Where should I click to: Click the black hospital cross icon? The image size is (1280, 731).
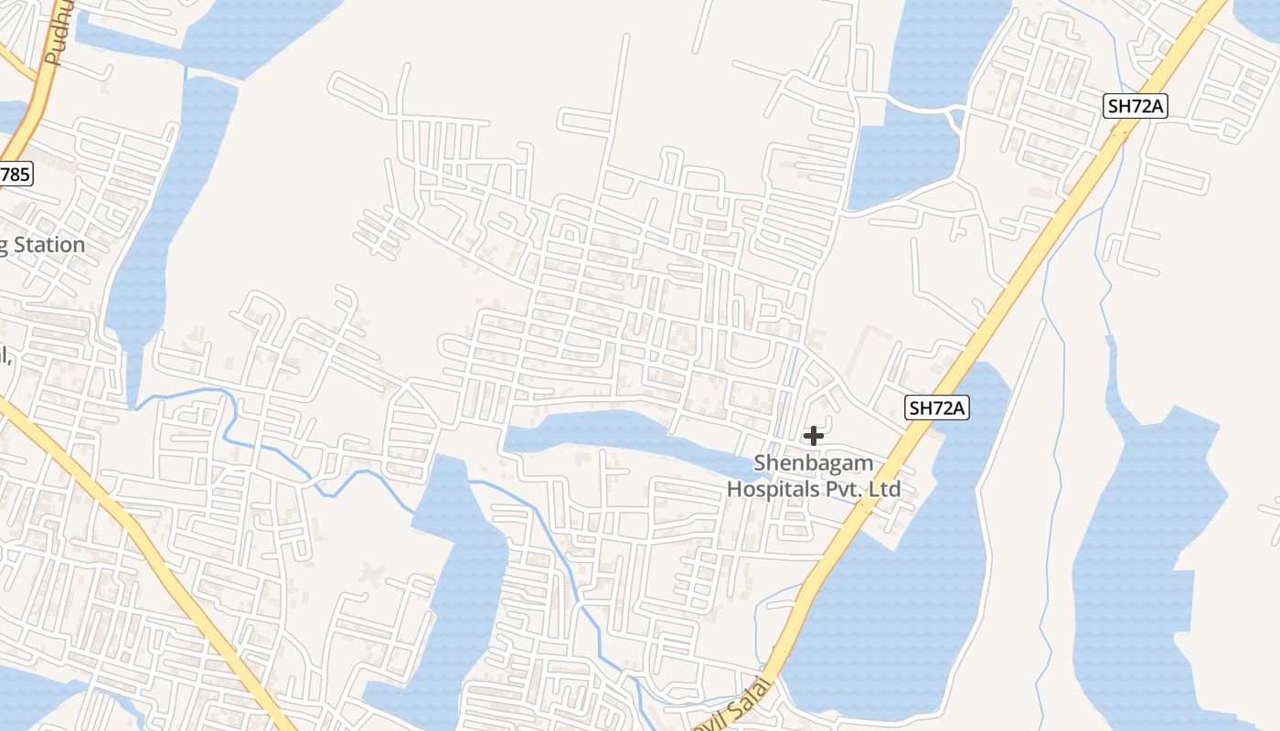(x=813, y=436)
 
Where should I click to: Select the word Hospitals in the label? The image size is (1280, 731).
(x=773, y=489)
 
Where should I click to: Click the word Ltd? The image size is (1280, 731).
(x=885, y=489)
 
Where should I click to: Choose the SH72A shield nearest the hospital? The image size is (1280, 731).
(x=937, y=408)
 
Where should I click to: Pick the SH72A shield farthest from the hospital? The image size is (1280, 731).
(x=1136, y=106)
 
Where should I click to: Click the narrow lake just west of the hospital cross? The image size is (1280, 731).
(x=622, y=436)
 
